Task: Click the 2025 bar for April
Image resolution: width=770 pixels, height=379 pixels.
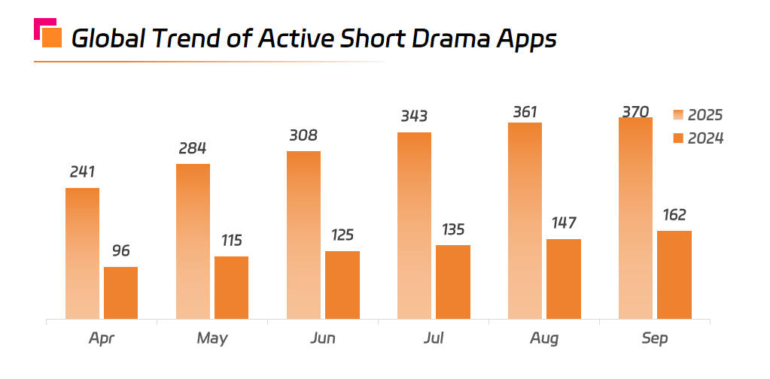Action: (82, 253)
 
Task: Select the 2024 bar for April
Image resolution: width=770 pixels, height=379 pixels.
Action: (120, 293)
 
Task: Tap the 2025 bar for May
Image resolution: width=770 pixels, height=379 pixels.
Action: (193, 241)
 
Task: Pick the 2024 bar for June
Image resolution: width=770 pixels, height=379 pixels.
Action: (342, 285)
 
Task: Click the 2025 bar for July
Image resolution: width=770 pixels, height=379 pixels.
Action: (414, 226)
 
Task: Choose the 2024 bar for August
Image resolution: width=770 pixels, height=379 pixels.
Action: (563, 279)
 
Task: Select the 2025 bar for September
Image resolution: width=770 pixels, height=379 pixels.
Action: (635, 218)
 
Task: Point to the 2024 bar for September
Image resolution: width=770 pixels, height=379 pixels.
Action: (674, 274)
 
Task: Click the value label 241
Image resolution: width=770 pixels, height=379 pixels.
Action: (82, 171)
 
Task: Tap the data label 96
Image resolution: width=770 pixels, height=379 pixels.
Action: (120, 250)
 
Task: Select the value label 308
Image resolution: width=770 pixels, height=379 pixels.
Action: (303, 135)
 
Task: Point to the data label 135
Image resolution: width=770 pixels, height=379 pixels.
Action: (452, 229)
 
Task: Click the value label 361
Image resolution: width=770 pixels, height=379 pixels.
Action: (525, 112)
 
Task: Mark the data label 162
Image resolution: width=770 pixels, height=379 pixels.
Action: (674, 215)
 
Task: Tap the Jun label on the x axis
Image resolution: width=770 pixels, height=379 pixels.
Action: (323, 338)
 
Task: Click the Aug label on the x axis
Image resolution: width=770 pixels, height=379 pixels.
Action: (544, 338)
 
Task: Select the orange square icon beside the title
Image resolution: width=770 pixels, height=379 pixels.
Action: (51, 37)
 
